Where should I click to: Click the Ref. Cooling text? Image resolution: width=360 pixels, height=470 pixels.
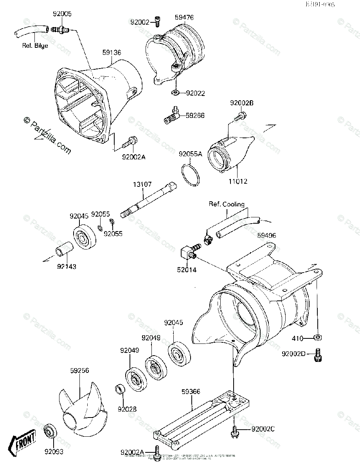tap(226, 204)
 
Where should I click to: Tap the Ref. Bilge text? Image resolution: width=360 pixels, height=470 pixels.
tap(35, 45)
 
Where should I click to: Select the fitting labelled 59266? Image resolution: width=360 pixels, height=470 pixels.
tap(171, 116)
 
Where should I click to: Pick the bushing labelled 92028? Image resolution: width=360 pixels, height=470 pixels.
tap(120, 390)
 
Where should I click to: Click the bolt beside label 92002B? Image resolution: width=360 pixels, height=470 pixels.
tap(240, 116)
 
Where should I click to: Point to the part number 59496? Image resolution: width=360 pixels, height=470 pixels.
tap(266, 235)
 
